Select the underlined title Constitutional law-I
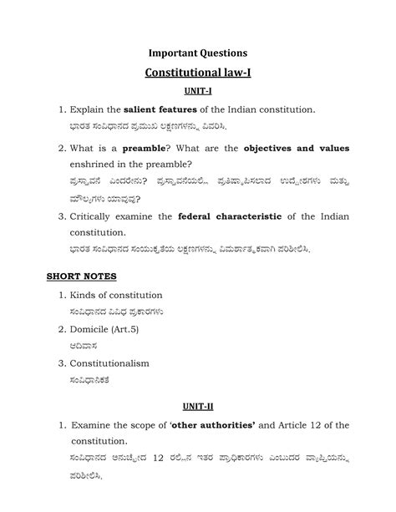pos(197,74)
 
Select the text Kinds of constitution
pos(115,295)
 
